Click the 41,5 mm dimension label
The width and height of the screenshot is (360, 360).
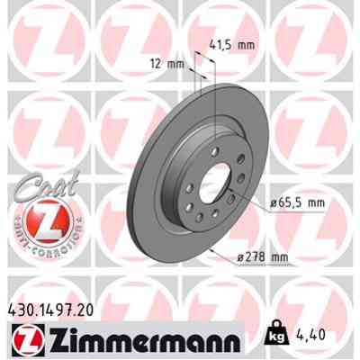coord(237,42)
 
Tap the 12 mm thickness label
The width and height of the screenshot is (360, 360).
coord(168,64)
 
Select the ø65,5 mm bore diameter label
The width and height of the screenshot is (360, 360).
coord(298,203)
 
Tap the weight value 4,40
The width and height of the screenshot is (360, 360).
coord(326,338)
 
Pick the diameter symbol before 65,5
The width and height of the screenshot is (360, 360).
coord(274,203)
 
